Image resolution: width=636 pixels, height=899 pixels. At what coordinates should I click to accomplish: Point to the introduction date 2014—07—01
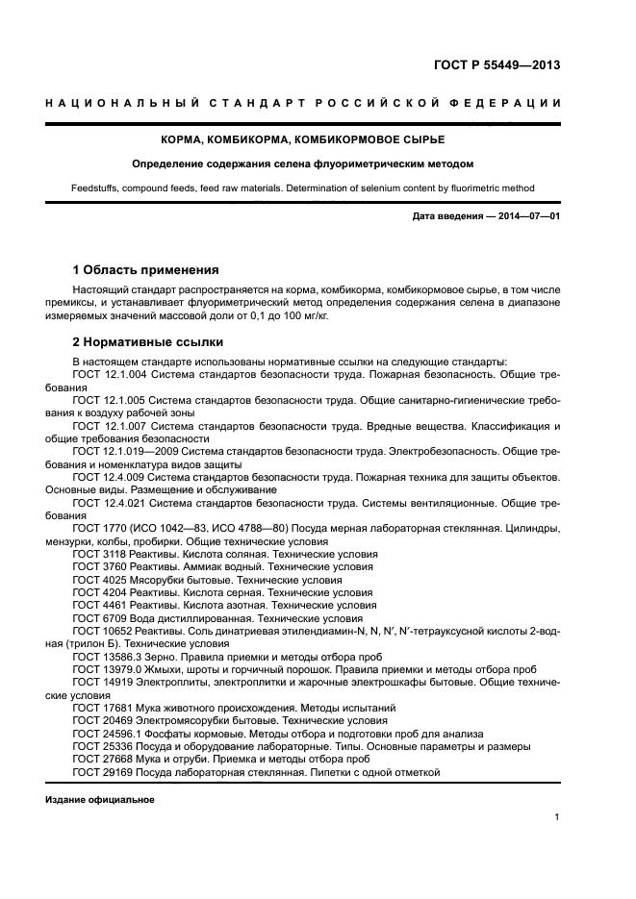click(525, 217)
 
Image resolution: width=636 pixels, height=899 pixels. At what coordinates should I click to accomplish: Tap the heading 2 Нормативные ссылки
click(148, 342)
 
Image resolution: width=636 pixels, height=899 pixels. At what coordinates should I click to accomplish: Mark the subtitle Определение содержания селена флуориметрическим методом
click(303, 164)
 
